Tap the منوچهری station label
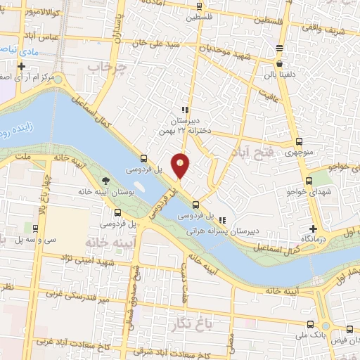coord(299,151)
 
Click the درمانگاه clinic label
coord(314,239)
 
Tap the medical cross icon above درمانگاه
coord(314,229)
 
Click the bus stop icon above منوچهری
coord(300,141)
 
